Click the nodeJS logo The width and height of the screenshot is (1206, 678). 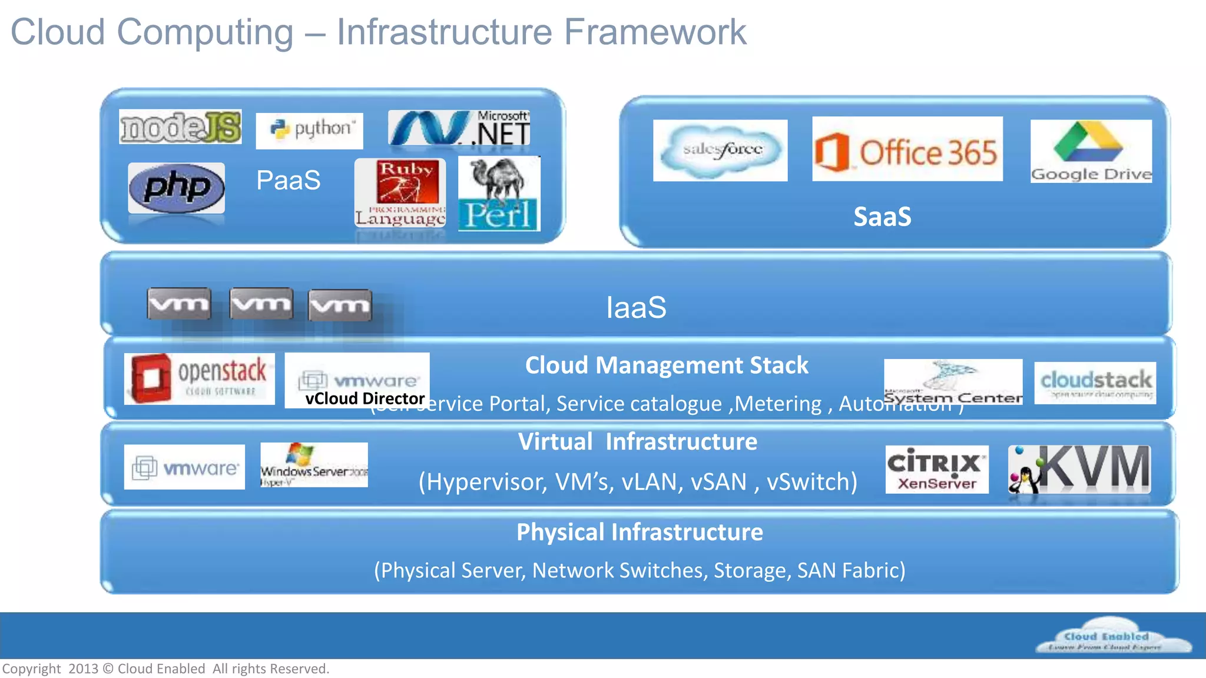[x=180, y=127]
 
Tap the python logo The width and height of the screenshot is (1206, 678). [x=309, y=130]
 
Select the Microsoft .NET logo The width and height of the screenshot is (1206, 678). [x=459, y=128]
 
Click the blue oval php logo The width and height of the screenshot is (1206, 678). [x=176, y=188]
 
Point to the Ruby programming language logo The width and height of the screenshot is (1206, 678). [x=400, y=193]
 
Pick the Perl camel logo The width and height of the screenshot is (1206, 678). [x=499, y=194]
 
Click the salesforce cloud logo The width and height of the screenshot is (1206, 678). [x=720, y=150]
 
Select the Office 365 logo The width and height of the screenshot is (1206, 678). [x=907, y=149]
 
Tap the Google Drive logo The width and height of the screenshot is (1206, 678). [x=1091, y=151]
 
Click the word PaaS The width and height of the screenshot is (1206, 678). [x=288, y=180]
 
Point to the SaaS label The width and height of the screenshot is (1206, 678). [x=882, y=217]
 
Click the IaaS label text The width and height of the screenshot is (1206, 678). [x=636, y=307]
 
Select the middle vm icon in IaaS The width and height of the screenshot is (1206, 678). [x=261, y=304]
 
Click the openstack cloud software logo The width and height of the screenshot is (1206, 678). [x=199, y=378]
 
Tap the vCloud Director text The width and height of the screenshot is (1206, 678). [x=365, y=398]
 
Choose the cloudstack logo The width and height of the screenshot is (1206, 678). [x=1095, y=383]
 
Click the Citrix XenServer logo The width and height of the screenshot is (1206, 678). [x=936, y=469]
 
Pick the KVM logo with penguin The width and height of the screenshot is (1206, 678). [x=1079, y=469]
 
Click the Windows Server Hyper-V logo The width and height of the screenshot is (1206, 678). [x=314, y=465]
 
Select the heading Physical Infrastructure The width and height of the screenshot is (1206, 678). [x=640, y=532]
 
